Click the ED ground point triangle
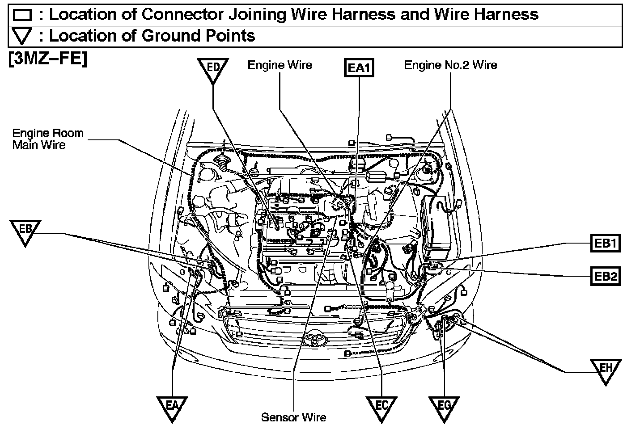(213, 70)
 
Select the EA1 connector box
(358, 68)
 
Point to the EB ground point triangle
(25, 231)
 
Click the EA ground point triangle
(172, 407)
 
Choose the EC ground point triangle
(381, 407)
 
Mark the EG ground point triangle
(444, 407)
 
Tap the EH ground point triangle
(606, 369)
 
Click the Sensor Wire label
(294, 417)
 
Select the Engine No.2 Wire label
(450, 65)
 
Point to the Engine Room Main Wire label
(47, 139)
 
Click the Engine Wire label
(280, 65)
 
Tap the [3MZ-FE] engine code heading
(47, 59)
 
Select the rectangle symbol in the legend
(22, 15)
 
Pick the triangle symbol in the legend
(22, 36)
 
